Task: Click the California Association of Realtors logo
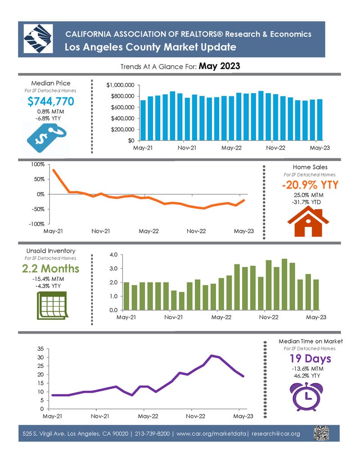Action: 37,39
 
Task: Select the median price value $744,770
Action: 51,102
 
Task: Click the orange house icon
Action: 308,221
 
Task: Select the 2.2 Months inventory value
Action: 50,269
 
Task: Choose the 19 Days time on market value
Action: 310,359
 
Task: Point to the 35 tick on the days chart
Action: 40,349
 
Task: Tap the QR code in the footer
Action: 321,434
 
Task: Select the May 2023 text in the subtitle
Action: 219,66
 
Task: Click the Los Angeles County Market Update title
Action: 150,47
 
